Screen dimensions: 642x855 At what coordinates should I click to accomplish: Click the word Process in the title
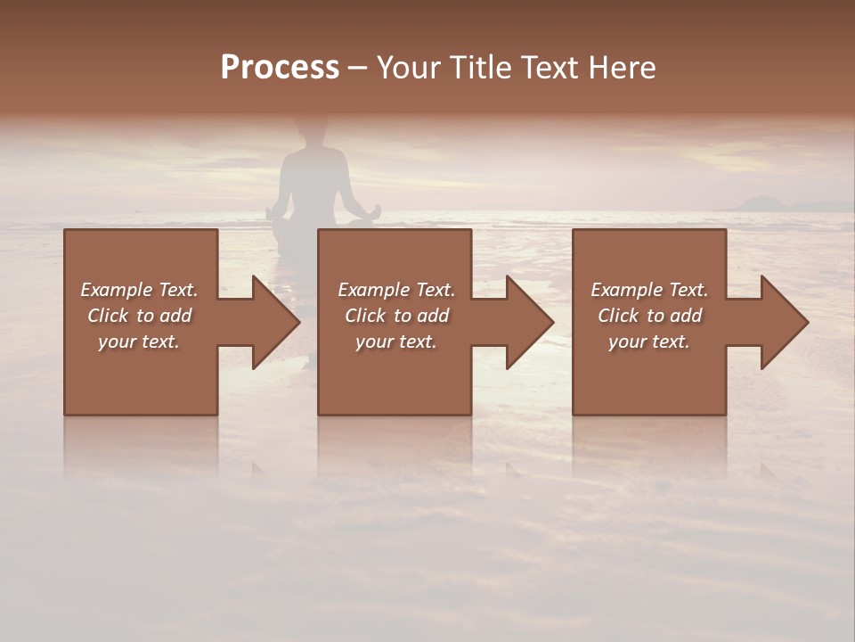pyautogui.click(x=280, y=68)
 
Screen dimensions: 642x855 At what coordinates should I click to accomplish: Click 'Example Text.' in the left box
pyautogui.click(x=140, y=290)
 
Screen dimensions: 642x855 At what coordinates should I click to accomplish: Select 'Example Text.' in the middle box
pyautogui.click(x=396, y=290)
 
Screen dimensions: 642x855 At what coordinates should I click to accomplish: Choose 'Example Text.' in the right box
pyautogui.click(x=649, y=290)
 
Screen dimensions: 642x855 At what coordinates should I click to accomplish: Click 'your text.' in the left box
pyautogui.click(x=140, y=342)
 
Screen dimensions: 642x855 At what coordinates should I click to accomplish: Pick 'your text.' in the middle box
pyautogui.click(x=396, y=342)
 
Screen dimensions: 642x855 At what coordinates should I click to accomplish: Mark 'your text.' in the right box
pyautogui.click(x=649, y=342)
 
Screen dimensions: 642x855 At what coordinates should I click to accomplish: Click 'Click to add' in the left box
pyautogui.click(x=140, y=316)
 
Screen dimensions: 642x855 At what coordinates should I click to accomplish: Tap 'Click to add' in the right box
pyautogui.click(x=649, y=316)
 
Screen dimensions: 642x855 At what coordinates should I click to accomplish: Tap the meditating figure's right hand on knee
pyautogui.click(x=374, y=212)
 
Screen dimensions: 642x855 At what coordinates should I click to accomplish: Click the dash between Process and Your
pyautogui.click(x=358, y=69)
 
